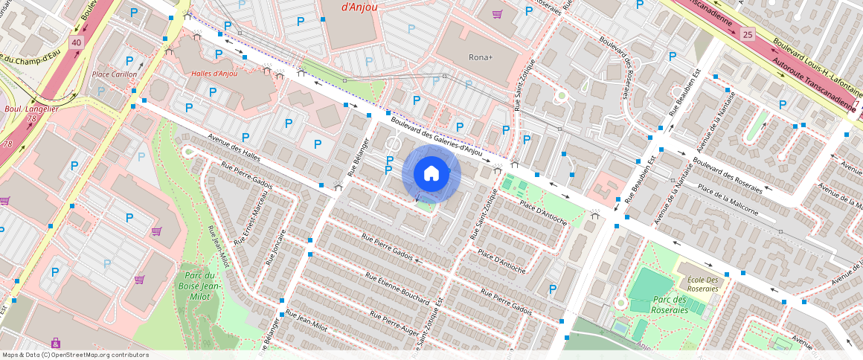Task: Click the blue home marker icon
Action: (431, 174)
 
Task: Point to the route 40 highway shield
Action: (76, 43)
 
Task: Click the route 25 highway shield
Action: (748, 33)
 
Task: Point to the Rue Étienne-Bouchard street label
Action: (397, 287)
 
